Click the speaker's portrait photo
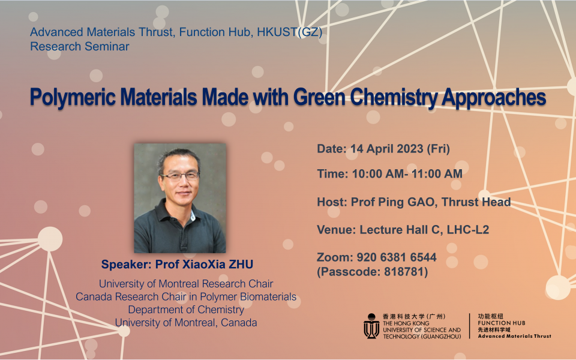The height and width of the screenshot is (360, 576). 180,197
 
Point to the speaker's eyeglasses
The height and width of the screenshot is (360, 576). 180,176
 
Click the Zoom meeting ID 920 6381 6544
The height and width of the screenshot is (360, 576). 395,257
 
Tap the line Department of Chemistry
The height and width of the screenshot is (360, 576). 186,310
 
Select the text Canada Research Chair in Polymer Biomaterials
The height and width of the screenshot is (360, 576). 186,297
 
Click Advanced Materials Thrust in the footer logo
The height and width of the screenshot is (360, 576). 514,336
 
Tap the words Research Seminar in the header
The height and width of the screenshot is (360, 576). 80,46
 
